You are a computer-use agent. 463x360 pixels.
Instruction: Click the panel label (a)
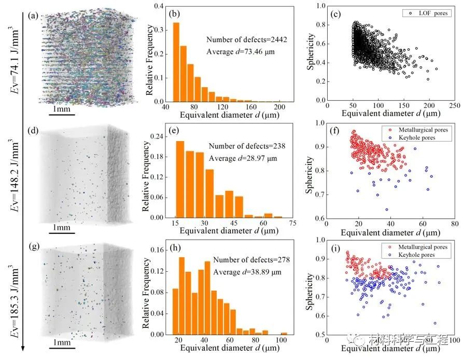click(x=33, y=16)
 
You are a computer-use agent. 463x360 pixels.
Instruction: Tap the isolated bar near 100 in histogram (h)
click(x=284, y=334)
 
